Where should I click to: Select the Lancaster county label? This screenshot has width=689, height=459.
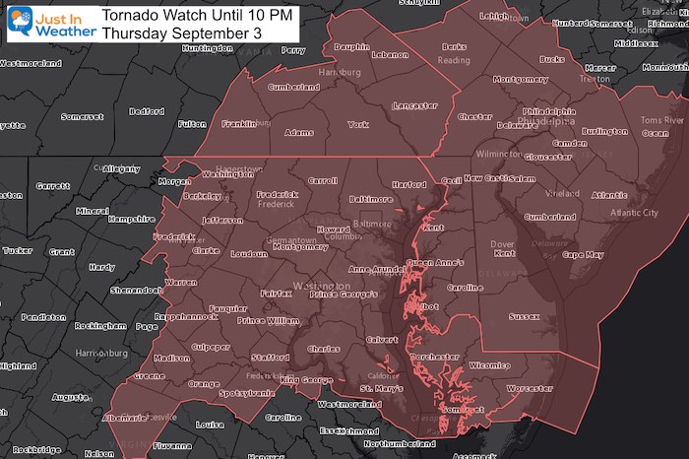pyautogui.click(x=413, y=105)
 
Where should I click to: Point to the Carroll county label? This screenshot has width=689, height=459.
pyautogui.click(x=322, y=181)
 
